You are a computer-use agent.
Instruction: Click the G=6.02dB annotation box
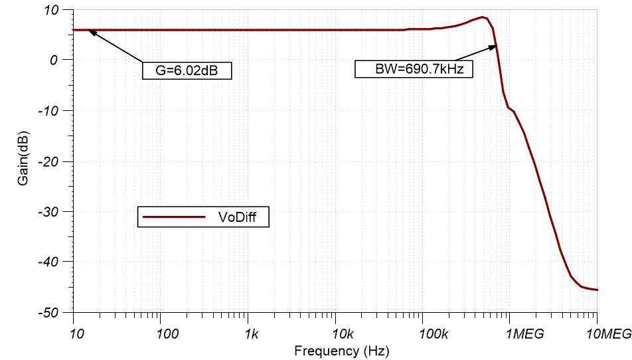187,70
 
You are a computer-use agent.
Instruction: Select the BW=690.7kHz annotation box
414,69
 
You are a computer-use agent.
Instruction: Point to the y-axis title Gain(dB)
24,160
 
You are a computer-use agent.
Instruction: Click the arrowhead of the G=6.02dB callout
90,31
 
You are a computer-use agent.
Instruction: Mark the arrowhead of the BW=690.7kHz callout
495,45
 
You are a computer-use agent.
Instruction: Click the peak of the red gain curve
483,17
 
